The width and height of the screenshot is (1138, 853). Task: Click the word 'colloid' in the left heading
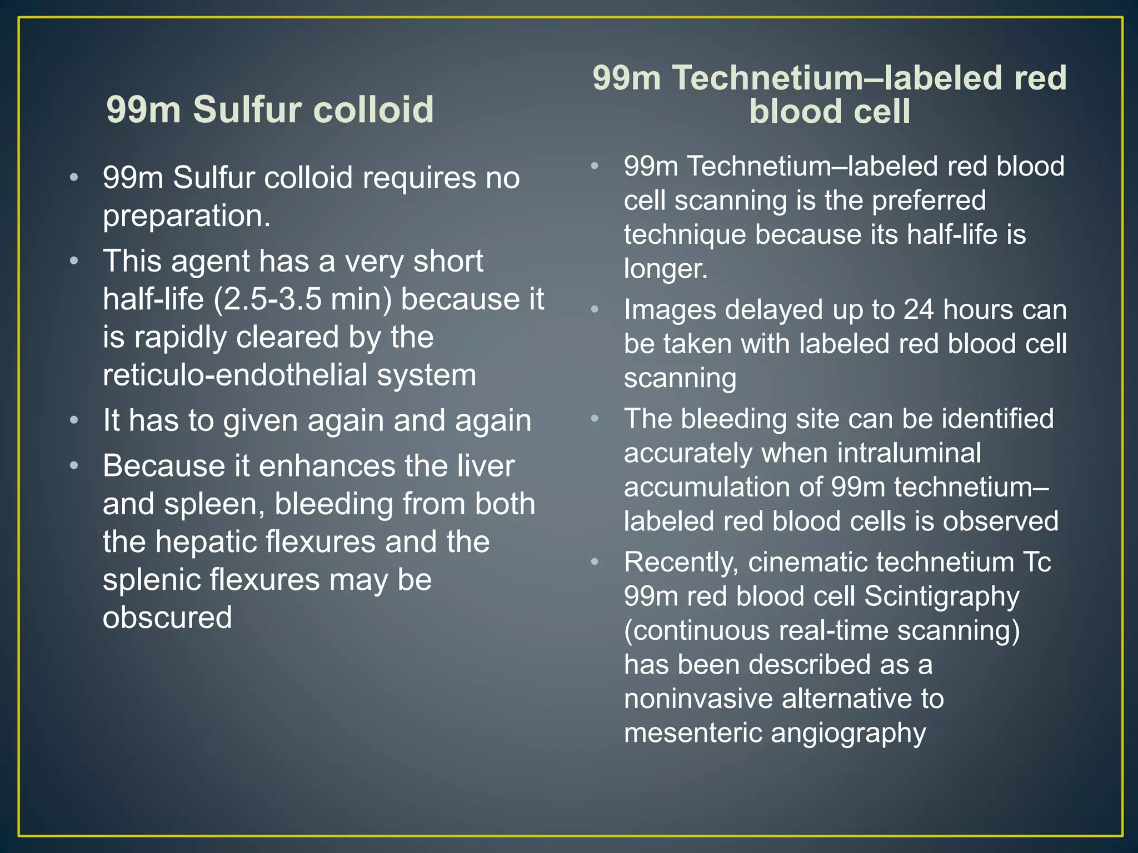click(x=373, y=109)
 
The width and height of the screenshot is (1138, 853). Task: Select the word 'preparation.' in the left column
click(x=187, y=215)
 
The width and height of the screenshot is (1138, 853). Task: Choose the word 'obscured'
click(x=167, y=617)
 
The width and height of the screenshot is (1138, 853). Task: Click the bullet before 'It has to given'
click(x=74, y=420)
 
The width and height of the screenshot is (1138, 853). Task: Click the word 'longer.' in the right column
click(x=666, y=269)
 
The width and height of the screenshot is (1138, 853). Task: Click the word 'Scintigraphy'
click(x=942, y=596)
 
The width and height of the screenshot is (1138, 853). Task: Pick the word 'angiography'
click(x=848, y=732)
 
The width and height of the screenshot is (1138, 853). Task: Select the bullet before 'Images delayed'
click(x=595, y=309)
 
